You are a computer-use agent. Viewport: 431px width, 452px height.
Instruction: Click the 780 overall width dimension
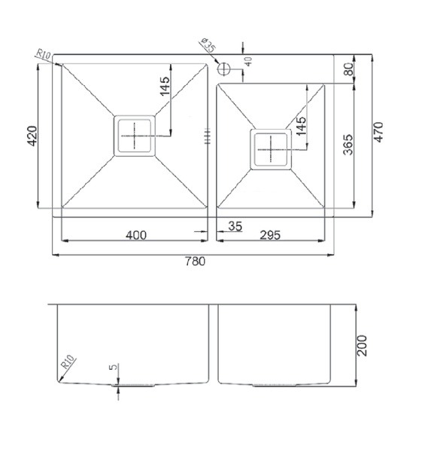click(195, 261)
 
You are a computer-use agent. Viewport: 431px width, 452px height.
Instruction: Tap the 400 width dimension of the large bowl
click(136, 235)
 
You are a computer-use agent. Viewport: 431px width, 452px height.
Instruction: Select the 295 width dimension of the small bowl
click(270, 235)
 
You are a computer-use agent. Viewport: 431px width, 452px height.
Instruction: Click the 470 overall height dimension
click(378, 132)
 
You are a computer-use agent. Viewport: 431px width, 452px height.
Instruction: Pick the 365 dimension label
click(348, 145)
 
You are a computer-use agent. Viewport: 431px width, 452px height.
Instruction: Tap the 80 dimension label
click(348, 69)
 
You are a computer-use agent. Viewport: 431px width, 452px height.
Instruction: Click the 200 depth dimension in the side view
click(362, 345)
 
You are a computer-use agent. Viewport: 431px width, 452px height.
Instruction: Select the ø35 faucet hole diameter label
click(208, 45)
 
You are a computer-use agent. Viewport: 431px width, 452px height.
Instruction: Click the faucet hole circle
click(223, 69)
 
